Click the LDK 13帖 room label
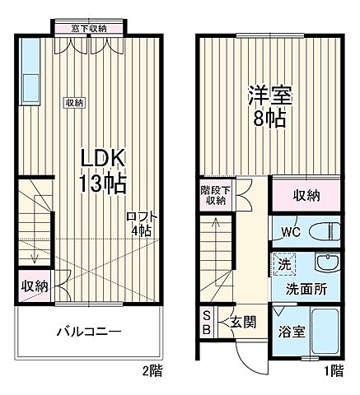102,169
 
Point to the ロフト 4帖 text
142,224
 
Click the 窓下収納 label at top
88,29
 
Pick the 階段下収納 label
215,195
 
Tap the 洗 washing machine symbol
282,265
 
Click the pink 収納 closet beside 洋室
306,196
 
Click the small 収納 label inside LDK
74,102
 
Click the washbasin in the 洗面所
327,264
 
